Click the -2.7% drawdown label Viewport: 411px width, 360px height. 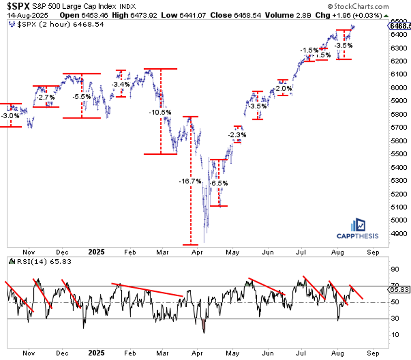click(x=45, y=97)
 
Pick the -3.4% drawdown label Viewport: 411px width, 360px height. click(x=120, y=85)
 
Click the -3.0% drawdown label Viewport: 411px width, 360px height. click(x=10, y=116)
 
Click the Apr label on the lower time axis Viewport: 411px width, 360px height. click(x=196, y=353)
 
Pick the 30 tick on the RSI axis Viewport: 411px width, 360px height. click(x=394, y=318)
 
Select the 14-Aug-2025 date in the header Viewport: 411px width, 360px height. click(x=23, y=15)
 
